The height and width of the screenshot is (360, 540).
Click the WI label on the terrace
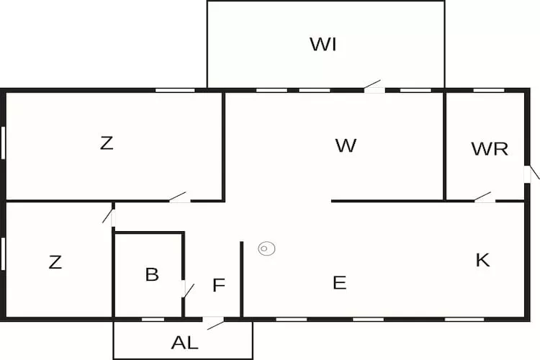coord(323,45)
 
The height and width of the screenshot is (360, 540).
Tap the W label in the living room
coord(346,145)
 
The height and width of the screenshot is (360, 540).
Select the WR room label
coord(490,149)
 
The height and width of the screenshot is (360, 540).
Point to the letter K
coord(482,261)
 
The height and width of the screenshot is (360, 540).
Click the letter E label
coord(339,283)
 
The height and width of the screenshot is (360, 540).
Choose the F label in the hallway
coord(219,285)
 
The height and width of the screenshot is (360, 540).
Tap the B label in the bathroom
coord(151,274)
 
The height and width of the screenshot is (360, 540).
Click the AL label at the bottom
coord(184,343)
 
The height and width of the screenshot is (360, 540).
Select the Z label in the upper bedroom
coord(107,143)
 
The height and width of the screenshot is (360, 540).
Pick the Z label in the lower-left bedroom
coord(55,263)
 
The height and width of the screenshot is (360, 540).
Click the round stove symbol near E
coord(266,249)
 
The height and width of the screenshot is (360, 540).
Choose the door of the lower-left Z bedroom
coord(111,215)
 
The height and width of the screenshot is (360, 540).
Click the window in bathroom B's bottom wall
coord(153,319)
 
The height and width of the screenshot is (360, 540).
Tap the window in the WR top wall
coord(488,90)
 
